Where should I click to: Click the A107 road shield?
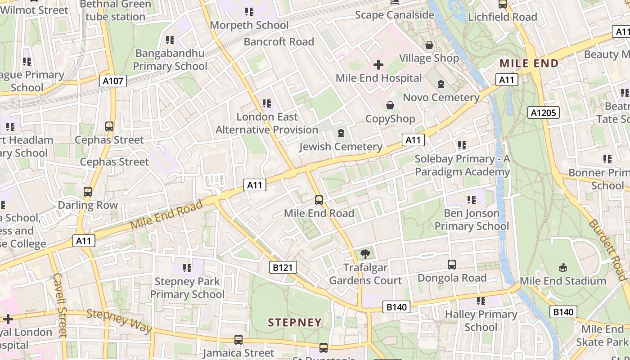pos(112,81)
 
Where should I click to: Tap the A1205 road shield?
pos(543,112)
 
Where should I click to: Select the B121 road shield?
pos(283,268)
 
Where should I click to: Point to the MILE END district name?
pos(529,63)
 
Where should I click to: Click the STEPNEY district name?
pos(295,322)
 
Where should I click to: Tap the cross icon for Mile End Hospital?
pos(378,65)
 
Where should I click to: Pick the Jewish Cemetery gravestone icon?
pos(341,133)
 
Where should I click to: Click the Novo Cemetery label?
pos(441,97)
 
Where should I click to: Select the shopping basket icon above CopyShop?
pos(390,105)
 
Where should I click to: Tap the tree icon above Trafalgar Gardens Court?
pos(365,254)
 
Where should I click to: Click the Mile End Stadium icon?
pos(562,268)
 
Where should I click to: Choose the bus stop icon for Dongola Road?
pos(452,265)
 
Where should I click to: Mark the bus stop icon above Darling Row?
pos(88,192)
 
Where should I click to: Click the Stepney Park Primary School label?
pos(187,288)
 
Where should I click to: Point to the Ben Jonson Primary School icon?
pos(472,199)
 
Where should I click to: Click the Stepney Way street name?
pos(119,320)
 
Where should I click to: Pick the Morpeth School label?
pos(249,25)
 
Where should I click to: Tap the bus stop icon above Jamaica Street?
pos(238,340)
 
